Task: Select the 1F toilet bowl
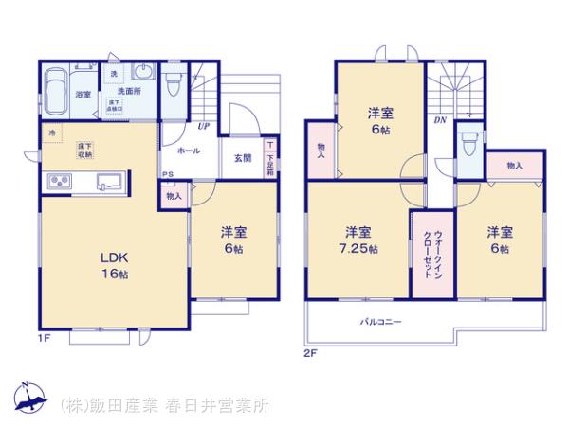173,88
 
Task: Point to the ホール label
188,151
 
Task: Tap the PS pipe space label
166,175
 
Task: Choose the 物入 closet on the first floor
174,196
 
